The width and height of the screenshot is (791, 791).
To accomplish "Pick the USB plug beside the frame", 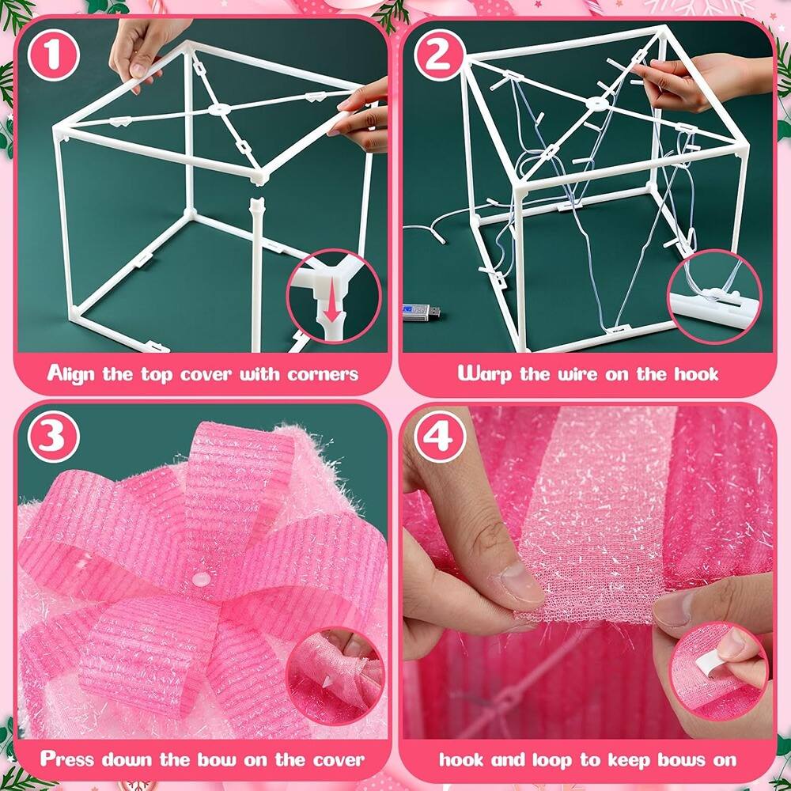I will pos(422,312).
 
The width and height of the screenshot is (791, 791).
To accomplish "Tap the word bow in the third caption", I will pos(205,759).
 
